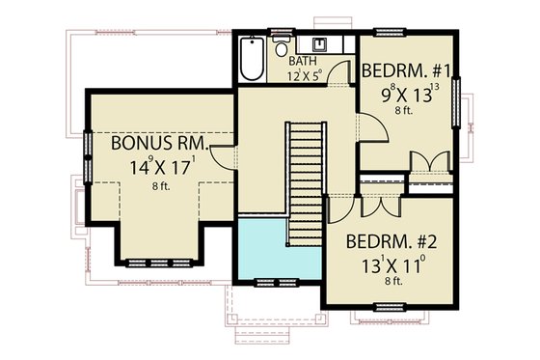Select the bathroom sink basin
[x=316, y=45]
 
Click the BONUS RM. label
[x=154, y=143]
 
